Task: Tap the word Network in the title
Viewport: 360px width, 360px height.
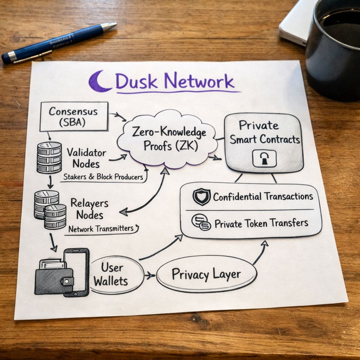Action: click(200, 82)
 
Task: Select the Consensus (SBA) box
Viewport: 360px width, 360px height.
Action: click(74, 116)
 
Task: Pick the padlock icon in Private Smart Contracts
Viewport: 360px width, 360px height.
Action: click(264, 159)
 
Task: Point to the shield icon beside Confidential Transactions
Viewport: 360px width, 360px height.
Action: click(201, 197)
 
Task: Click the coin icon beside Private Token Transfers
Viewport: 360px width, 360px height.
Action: click(201, 222)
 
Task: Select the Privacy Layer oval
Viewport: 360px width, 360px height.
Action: click(206, 274)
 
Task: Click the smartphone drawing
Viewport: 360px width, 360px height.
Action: click(77, 271)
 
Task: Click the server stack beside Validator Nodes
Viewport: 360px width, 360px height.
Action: click(49, 157)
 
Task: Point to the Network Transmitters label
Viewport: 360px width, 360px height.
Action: click(101, 229)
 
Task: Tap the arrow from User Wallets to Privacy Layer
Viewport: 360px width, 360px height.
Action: click(150, 275)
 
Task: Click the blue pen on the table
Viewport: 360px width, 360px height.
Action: click(59, 43)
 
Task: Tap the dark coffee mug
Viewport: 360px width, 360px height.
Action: click(334, 49)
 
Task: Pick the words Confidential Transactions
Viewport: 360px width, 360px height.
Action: click(263, 196)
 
